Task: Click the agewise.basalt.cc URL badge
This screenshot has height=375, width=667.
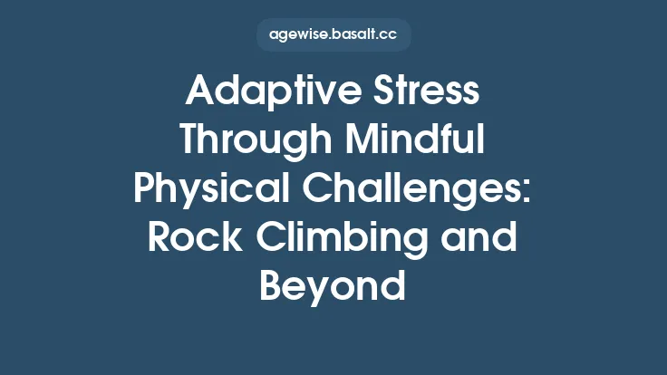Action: tap(333, 34)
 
